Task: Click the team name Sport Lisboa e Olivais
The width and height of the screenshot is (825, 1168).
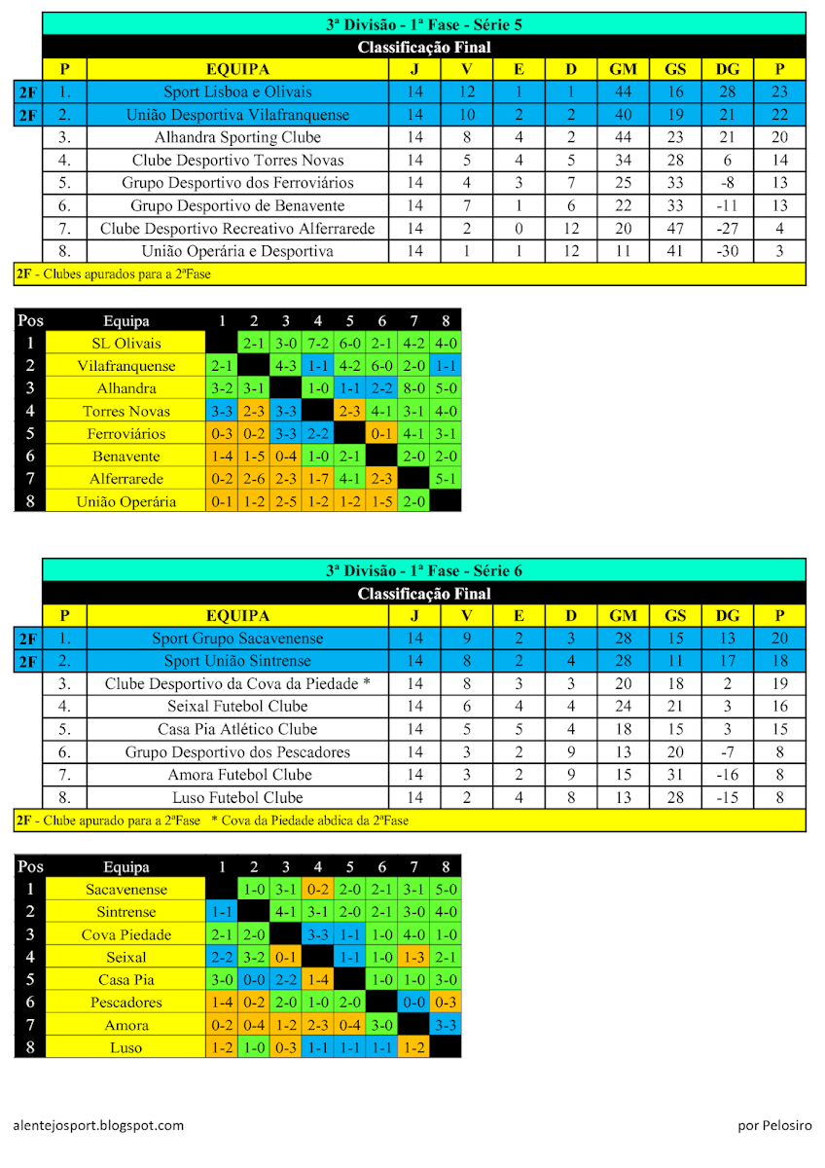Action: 237,92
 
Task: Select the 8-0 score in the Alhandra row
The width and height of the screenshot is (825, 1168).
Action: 413,388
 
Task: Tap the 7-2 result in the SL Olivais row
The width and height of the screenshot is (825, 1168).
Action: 318,343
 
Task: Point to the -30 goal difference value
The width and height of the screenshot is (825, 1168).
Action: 727,251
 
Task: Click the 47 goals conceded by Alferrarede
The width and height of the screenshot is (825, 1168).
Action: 674,229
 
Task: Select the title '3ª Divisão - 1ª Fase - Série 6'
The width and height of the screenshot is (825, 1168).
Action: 424,570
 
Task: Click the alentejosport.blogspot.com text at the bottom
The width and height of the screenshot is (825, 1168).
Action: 99,1125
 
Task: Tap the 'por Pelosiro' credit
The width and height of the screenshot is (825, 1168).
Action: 774,1125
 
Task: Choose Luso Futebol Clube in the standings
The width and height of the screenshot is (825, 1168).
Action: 237,797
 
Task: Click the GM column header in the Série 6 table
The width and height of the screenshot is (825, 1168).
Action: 623,616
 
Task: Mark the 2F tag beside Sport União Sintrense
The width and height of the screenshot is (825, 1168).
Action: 27,662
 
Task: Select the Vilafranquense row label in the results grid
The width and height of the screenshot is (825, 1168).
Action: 126,366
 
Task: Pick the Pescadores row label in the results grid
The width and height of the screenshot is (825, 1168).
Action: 126,1003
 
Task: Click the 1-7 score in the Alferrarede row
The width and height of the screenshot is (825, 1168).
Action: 318,479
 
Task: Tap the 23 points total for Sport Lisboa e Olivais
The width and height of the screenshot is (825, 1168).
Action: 779,92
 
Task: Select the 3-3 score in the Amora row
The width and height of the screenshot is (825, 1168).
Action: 446,1025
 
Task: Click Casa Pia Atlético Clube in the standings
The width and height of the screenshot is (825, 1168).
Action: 237,729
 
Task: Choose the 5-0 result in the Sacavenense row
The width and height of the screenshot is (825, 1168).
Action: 446,889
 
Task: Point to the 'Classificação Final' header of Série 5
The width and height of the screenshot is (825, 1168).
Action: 424,47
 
